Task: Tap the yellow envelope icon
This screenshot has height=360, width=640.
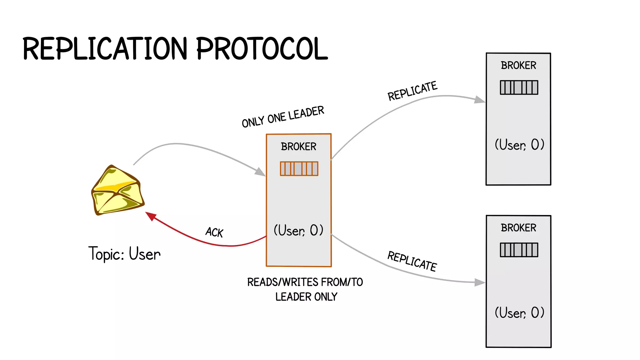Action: (x=117, y=190)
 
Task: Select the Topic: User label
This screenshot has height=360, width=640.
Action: (x=124, y=253)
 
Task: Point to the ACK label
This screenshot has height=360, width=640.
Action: (x=214, y=232)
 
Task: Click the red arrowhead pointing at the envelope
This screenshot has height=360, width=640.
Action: (x=151, y=216)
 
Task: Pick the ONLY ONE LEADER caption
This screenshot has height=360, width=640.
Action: (x=283, y=117)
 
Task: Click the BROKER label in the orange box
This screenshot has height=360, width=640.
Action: (x=298, y=147)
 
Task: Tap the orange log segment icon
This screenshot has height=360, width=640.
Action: (x=299, y=169)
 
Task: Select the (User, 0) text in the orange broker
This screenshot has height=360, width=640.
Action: (x=298, y=230)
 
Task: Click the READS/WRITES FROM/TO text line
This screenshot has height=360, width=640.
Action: (x=305, y=282)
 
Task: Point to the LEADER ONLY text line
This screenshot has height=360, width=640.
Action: (x=306, y=297)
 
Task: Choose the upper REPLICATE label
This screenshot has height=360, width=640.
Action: (x=412, y=91)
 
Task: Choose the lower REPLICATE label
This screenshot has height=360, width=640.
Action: (x=412, y=261)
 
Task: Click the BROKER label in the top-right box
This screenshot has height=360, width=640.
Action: (x=518, y=65)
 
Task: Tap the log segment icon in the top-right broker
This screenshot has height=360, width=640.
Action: (x=519, y=87)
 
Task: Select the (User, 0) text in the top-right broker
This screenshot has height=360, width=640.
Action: (x=519, y=145)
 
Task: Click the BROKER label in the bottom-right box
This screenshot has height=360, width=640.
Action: (x=518, y=228)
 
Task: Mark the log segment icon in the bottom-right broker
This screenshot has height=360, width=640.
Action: (x=519, y=250)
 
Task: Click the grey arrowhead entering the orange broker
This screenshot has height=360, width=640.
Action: (x=260, y=172)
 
